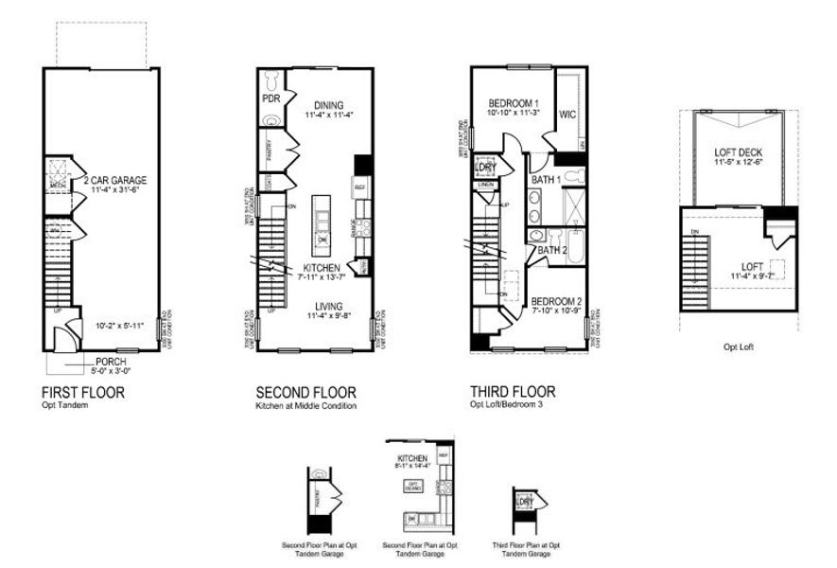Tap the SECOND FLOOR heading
coord(305,391)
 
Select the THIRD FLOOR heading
coord(513,391)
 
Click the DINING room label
coord(324,105)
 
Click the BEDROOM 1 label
coord(514,102)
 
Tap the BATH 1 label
coord(545,179)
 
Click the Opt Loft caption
coord(738,347)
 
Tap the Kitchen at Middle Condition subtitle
coord(305,405)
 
